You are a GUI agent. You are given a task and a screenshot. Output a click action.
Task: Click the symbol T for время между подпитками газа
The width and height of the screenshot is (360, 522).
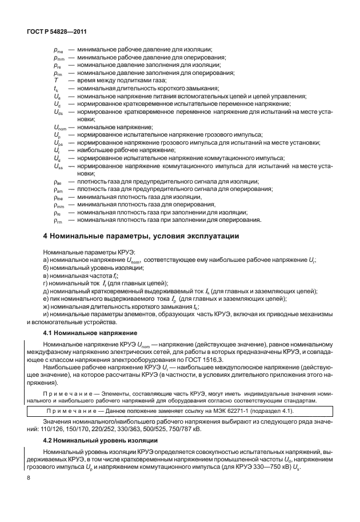55,81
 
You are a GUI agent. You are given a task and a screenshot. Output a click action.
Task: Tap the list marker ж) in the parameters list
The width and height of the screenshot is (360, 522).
46,306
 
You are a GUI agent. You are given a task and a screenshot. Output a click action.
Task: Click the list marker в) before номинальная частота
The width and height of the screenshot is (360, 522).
46,275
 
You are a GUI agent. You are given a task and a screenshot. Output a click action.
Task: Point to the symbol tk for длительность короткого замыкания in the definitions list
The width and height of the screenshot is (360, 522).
56,89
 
